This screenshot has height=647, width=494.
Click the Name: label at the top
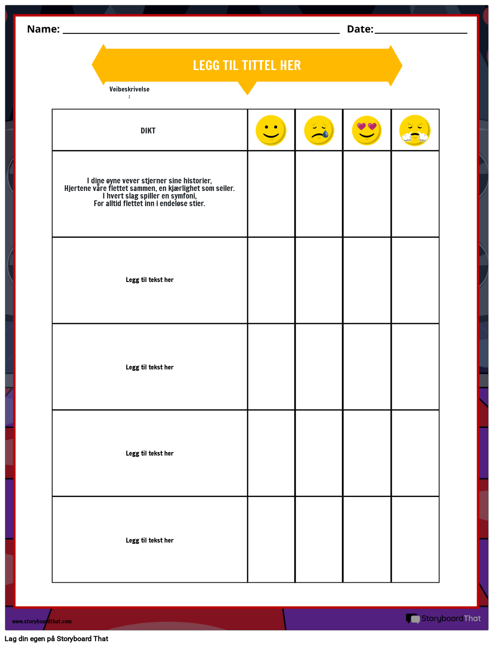coord(43,29)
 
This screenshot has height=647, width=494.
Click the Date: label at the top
coord(360,29)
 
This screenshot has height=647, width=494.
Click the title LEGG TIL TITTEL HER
coord(247,65)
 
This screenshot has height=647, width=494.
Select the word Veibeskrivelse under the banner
coord(129,89)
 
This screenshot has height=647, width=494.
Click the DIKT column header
coord(148,131)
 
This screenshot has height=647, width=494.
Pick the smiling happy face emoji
coord(271,130)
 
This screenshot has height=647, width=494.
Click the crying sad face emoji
coord(319,130)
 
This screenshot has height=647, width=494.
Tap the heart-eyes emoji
coord(367,130)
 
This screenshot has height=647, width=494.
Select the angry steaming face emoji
coord(415,130)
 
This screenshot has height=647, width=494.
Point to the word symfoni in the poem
coord(184,196)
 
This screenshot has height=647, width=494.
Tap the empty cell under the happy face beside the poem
coord(271,194)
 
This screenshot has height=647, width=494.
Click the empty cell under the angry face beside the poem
coord(415,194)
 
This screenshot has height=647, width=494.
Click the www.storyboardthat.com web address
coord(42,622)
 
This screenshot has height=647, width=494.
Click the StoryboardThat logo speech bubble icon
coord(412,618)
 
